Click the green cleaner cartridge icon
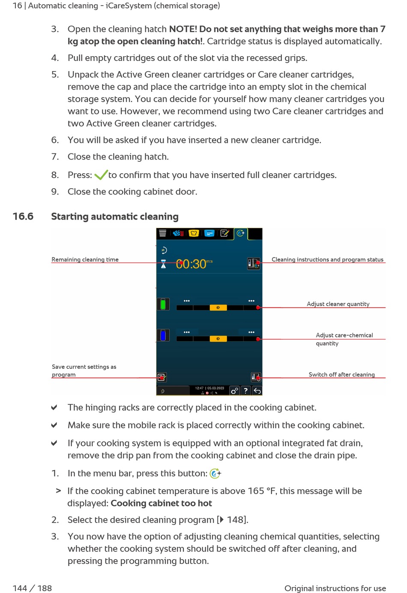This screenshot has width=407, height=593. tap(163, 304)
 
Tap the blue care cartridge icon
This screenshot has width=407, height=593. tap(163, 335)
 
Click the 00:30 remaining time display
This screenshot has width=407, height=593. tap(191, 264)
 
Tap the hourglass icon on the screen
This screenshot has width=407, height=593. tap(163, 265)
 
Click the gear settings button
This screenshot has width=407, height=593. tap(234, 391)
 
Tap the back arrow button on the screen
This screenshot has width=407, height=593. tap(257, 391)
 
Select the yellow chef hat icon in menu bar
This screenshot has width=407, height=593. tap(194, 233)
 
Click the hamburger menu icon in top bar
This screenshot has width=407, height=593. tap(163, 233)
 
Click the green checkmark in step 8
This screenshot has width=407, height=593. tap(101, 175)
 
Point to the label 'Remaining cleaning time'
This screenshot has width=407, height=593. tap(85, 259)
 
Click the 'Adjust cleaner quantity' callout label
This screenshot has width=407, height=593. tap(338, 304)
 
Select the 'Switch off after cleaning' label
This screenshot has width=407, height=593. tap(341, 374)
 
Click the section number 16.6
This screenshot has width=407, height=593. tap(23, 217)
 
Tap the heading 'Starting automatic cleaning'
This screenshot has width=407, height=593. tap(115, 217)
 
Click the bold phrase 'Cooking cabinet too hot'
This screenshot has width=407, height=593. tap(161, 503)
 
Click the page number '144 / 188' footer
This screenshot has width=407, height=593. tap(32, 588)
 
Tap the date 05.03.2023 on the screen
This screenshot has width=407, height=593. tap(216, 388)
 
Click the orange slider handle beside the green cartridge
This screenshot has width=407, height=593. tap(218, 307)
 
